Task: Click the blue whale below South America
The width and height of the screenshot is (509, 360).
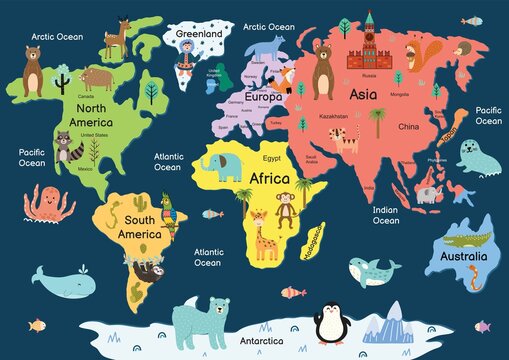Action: coord(60,282)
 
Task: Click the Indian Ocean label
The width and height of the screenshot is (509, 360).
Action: coord(386,215)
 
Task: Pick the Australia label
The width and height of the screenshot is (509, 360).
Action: coord(456,256)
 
